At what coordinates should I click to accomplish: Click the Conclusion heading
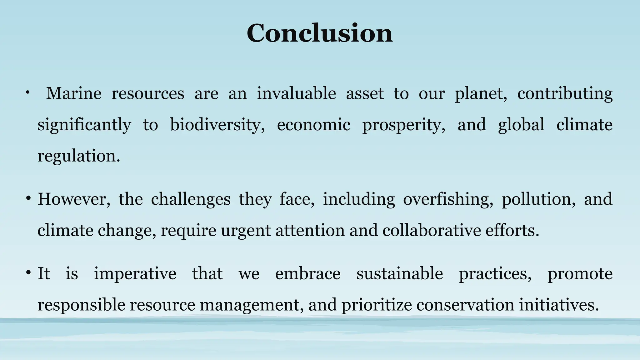point(319,33)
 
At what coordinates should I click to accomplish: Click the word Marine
point(74,93)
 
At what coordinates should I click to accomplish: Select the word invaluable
point(296,93)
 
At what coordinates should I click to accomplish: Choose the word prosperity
point(404,125)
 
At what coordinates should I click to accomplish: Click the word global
point(521,125)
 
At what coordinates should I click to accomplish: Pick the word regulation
point(79,156)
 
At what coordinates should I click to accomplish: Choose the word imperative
point(135,274)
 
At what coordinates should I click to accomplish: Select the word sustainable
point(400,274)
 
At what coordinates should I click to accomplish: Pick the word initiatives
point(559,305)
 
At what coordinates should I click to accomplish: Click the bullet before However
point(28,198)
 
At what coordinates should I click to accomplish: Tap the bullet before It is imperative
point(28,273)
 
